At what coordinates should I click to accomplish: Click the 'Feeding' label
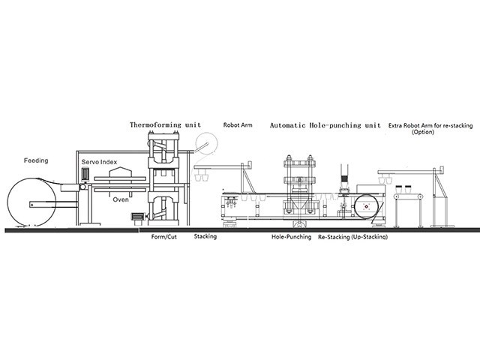(36, 160)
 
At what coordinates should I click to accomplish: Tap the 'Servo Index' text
(99, 162)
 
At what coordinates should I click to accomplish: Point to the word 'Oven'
(121, 199)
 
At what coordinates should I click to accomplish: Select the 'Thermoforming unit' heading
(165, 125)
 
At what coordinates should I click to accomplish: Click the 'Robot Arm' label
(238, 125)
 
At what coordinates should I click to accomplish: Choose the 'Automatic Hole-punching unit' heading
(325, 125)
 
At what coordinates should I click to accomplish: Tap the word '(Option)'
(423, 132)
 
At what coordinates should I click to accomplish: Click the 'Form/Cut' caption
(164, 237)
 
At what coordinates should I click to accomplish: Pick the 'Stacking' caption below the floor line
(205, 236)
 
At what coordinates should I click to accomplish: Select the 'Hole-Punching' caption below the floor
(292, 237)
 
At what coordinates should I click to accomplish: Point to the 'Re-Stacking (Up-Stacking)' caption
(352, 237)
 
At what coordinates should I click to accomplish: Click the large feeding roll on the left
(31, 202)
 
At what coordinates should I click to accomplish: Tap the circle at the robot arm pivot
(207, 143)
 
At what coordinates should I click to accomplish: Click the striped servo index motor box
(85, 173)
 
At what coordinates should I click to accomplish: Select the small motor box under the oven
(138, 217)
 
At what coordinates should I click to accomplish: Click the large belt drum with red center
(367, 207)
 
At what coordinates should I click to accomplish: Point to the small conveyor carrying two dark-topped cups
(409, 196)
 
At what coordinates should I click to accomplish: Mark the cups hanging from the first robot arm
(202, 177)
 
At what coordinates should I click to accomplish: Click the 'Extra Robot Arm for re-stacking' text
(430, 125)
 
